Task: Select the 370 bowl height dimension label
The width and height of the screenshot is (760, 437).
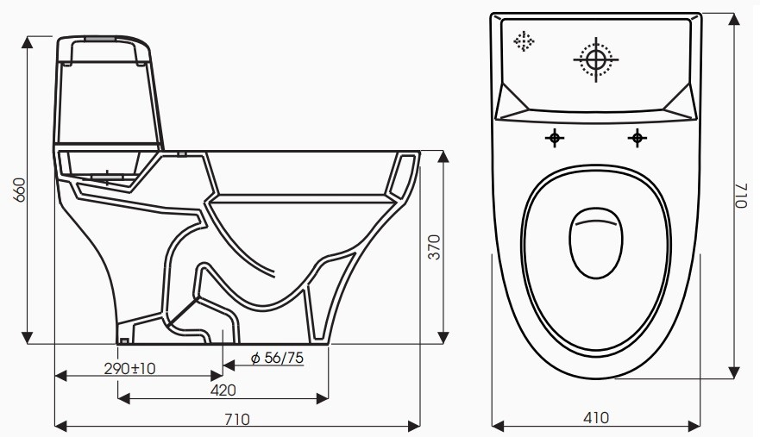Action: pos(434,248)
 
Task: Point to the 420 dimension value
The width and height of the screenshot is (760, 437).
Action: pos(223,390)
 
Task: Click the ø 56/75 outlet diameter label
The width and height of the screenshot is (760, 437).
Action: pos(276,358)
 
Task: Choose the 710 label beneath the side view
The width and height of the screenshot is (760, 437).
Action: pos(237,419)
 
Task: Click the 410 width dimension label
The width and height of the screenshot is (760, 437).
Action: pos(595,418)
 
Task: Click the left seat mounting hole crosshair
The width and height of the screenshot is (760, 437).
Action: pos(555,137)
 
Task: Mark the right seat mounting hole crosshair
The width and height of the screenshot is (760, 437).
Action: pos(637,137)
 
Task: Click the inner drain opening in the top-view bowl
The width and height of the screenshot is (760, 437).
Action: pos(596,243)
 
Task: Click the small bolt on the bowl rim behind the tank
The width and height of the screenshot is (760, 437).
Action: pos(181,156)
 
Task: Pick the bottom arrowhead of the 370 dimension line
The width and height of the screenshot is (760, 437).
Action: pos(445,337)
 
